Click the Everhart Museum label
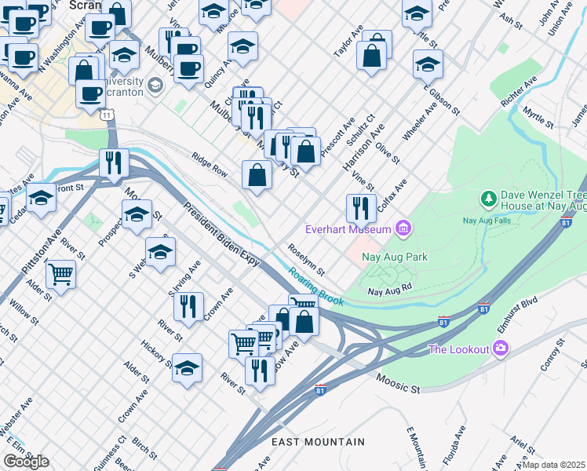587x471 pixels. [x=348, y=229]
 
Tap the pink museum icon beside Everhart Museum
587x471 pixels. [x=403, y=229]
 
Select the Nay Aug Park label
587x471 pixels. [x=394, y=256]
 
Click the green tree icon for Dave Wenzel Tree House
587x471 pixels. [x=488, y=199]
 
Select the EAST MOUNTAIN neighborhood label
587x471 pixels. [x=318, y=443]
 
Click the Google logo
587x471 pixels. [x=26, y=462]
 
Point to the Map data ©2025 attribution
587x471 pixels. [x=554, y=465]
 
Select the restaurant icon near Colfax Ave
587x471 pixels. [x=361, y=208]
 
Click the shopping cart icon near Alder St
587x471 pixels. [x=60, y=275]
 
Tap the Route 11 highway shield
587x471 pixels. [x=105, y=115]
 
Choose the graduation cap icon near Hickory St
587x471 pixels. [x=187, y=367]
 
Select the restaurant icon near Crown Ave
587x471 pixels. [x=188, y=306]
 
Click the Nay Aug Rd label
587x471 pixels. [x=390, y=290]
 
